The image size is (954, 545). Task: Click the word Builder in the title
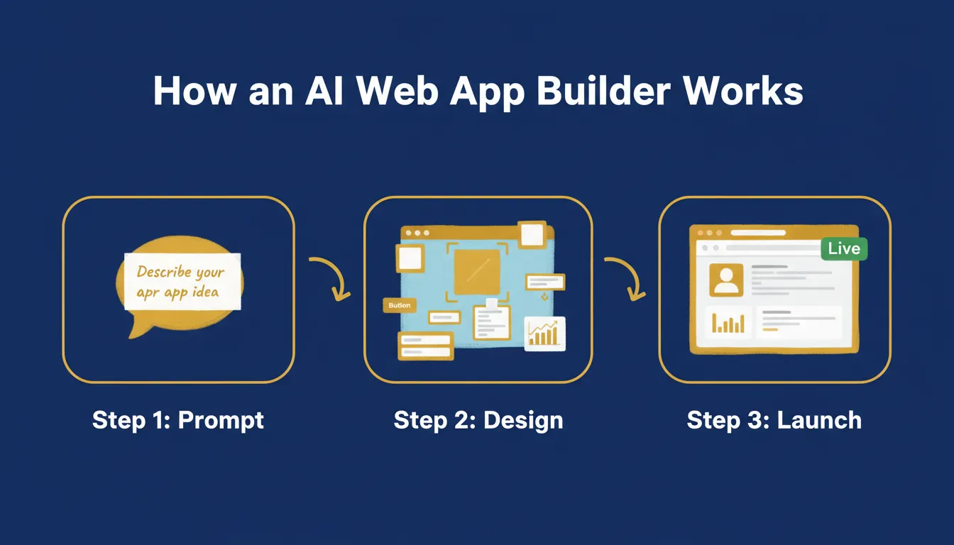[x=603, y=91]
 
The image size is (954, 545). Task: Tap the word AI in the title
[x=324, y=91]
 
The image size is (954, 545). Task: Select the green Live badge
[x=844, y=248]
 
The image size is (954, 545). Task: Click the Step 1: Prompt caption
[x=178, y=421]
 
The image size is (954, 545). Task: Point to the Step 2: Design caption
[x=478, y=421]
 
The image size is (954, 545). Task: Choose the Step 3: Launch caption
[x=774, y=420]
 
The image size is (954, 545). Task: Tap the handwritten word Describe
[x=164, y=272]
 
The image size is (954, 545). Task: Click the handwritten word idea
[x=205, y=292]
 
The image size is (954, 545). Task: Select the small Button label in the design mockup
[x=400, y=305]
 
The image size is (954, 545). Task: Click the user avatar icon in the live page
[x=726, y=280]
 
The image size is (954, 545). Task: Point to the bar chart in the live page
[x=729, y=324]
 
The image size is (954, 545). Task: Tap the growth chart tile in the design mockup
[x=544, y=334]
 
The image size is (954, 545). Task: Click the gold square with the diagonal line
[x=477, y=272]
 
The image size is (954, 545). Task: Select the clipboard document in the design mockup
[x=492, y=320]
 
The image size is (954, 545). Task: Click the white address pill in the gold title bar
[x=758, y=233]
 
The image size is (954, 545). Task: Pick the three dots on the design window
[x=417, y=233]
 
